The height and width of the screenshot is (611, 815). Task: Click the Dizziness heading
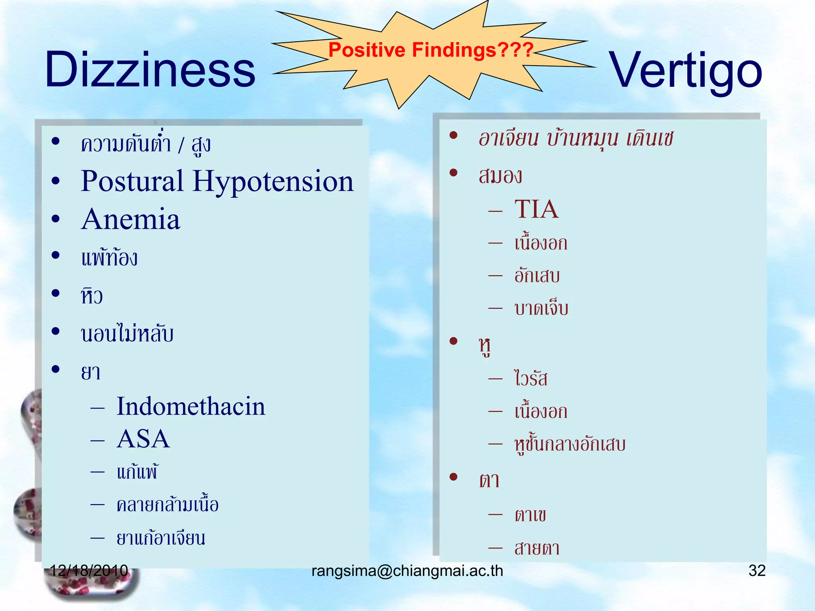pyautogui.click(x=150, y=70)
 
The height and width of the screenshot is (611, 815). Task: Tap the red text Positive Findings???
pyautogui.click(x=431, y=50)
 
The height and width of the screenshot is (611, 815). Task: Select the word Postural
pyautogui.click(x=132, y=181)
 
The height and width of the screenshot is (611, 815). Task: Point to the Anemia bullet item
pyautogui.click(x=131, y=219)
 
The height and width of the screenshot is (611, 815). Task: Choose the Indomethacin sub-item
pyautogui.click(x=191, y=407)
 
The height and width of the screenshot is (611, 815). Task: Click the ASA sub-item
pyautogui.click(x=143, y=439)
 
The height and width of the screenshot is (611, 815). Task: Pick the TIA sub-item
pyautogui.click(x=536, y=209)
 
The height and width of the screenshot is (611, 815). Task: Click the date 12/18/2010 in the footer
pyautogui.click(x=89, y=570)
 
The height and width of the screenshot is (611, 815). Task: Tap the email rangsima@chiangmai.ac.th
pyautogui.click(x=407, y=571)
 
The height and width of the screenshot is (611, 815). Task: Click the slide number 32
pyautogui.click(x=757, y=570)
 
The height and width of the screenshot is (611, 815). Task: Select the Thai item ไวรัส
pyautogui.click(x=531, y=378)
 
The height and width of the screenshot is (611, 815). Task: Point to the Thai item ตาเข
pyautogui.click(x=530, y=515)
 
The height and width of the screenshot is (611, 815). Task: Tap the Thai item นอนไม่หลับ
pyautogui.click(x=127, y=334)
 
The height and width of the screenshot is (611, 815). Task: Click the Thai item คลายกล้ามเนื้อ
pyautogui.click(x=168, y=505)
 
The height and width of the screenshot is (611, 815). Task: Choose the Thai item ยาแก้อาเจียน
pyautogui.click(x=161, y=538)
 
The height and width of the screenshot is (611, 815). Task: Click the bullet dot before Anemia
pyautogui.click(x=56, y=219)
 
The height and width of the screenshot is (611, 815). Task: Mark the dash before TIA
pyautogui.click(x=495, y=210)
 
